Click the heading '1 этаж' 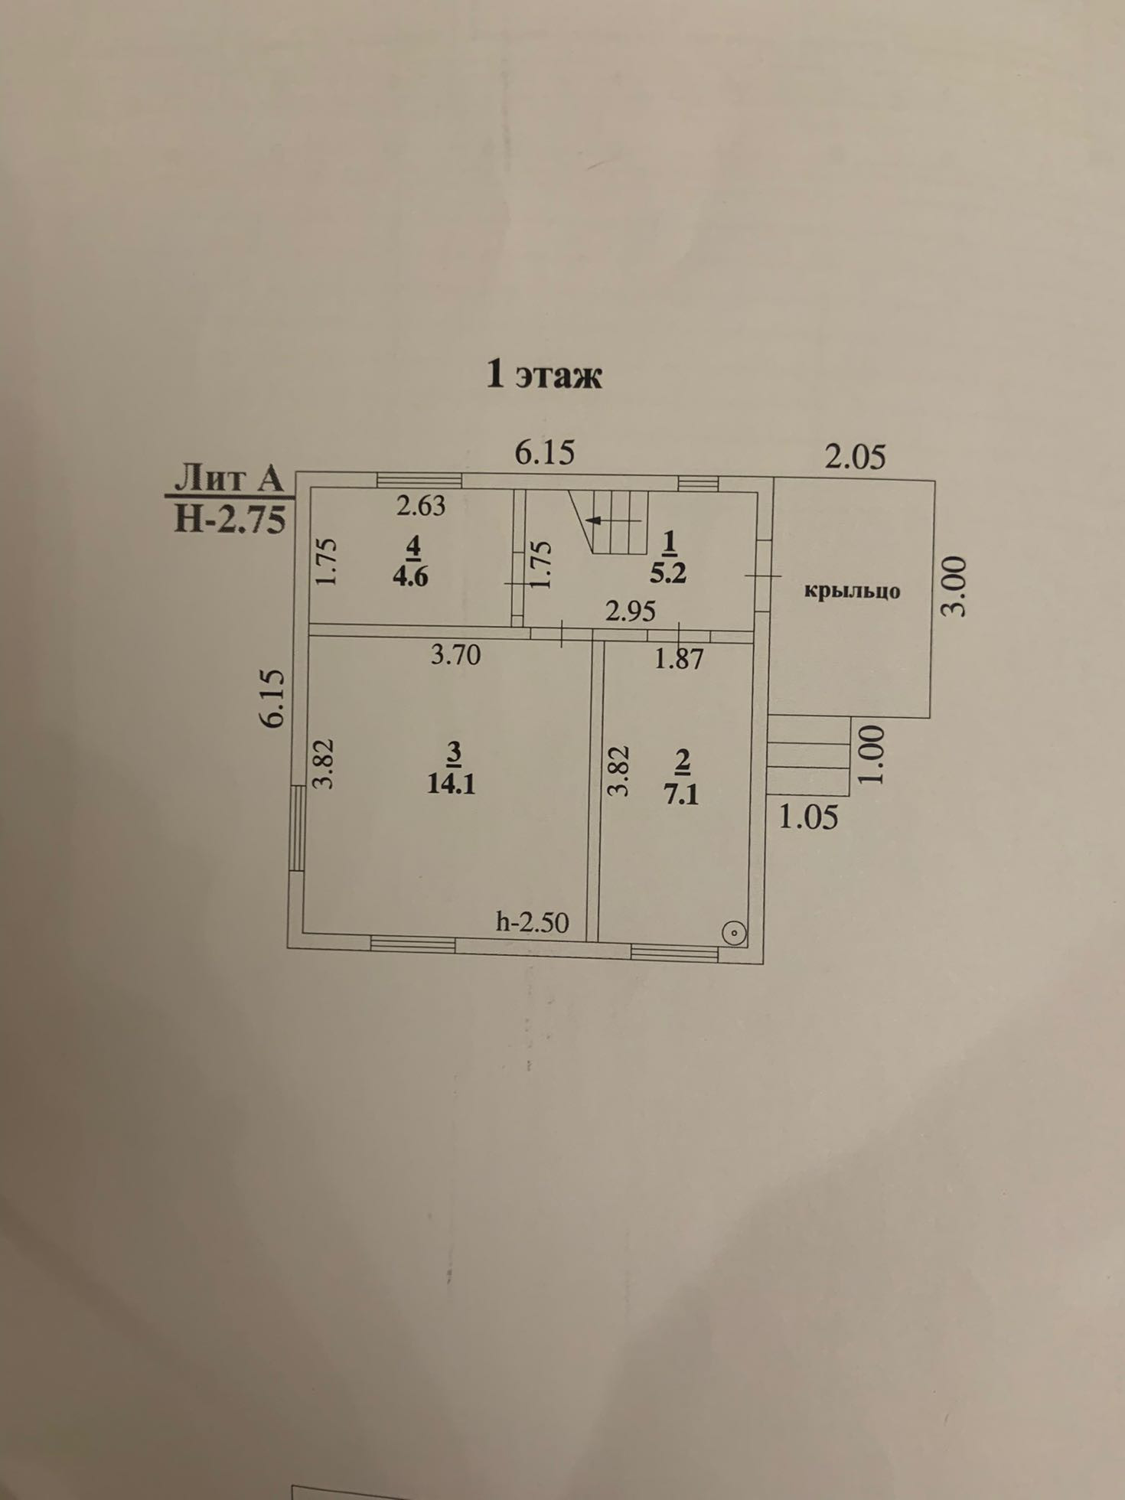(544, 375)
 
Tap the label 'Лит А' (230, 480)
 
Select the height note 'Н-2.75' (230, 519)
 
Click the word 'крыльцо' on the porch (852, 591)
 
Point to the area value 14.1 (452, 784)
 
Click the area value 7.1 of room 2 (681, 794)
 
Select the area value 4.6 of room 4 (411, 576)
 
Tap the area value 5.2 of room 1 (668, 573)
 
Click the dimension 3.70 (455, 655)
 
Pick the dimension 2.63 (420, 506)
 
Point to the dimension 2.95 (631, 611)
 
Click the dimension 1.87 (678, 658)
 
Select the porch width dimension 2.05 (855, 457)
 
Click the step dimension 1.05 (808, 818)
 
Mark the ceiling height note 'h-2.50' (533, 922)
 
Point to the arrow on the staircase (594, 520)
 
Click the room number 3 (453, 754)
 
